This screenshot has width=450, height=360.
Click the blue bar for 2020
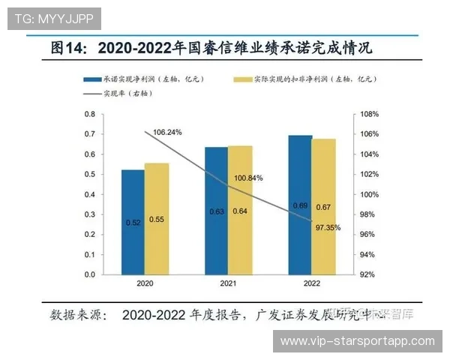tap(133, 222)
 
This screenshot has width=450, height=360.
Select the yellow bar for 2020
tap(157, 219)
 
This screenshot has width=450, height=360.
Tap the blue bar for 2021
tap(216, 211)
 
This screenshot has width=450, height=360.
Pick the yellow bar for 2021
tap(240, 210)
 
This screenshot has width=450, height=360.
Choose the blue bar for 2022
tap(300, 205)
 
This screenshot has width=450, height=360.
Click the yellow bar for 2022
tap(324, 207)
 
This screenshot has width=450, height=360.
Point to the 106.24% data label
tap(167, 132)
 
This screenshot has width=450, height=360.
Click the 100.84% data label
tap(248, 178)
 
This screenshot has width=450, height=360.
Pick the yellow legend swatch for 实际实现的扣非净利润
tap(241, 79)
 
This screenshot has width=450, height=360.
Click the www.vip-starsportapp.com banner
tap(357, 341)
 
